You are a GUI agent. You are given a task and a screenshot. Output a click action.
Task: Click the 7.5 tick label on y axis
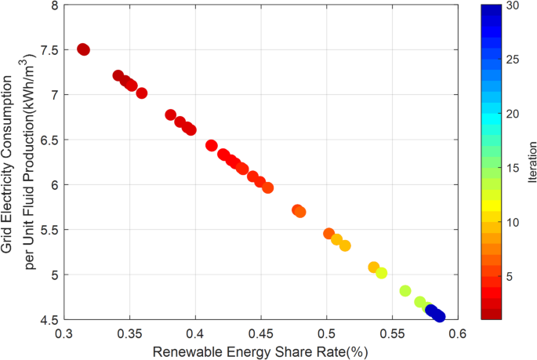coord(48,49)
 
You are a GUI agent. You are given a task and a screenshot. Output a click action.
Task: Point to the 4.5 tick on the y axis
coord(48,320)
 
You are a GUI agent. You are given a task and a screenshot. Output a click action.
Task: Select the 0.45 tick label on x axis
coord(261,333)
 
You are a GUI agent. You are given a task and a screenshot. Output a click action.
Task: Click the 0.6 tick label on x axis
coord(458,333)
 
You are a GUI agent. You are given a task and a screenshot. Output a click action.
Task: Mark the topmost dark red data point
coord(83,49)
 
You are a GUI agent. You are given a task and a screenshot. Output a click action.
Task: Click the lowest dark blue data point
coord(439,316)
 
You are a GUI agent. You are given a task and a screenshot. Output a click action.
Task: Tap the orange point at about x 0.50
coord(329,234)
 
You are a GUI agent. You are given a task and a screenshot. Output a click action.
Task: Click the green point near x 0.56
coord(405,291)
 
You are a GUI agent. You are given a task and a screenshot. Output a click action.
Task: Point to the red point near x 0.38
coord(171,115)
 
